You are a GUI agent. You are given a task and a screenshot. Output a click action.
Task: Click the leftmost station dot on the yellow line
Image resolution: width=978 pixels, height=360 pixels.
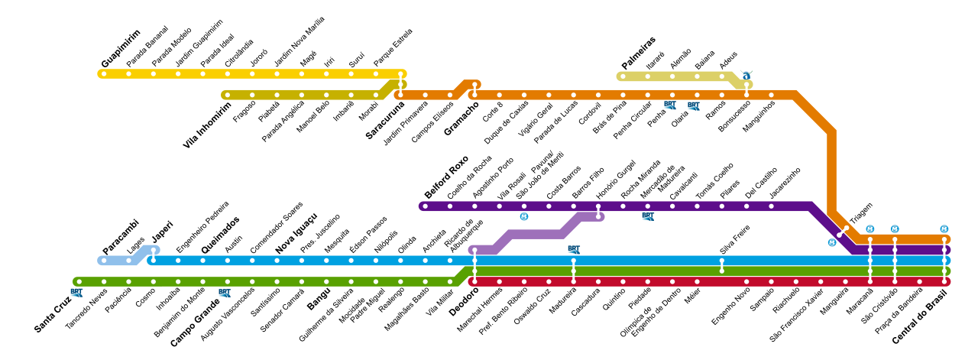coord(104,74)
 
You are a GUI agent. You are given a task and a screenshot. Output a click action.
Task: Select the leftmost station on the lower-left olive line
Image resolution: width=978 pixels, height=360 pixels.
coord(227,95)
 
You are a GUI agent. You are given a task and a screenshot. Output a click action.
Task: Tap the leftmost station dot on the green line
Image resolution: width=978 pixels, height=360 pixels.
coord(79,282)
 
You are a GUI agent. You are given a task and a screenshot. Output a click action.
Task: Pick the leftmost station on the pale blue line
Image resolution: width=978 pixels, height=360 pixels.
coord(104,261)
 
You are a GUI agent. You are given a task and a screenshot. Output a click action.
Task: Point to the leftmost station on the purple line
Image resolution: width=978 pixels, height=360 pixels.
coord(425,206)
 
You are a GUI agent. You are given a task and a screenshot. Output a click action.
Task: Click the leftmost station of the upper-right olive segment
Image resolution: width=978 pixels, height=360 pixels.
coord(623,76)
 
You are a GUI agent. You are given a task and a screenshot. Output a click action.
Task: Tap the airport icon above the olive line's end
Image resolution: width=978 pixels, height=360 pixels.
coord(746,74)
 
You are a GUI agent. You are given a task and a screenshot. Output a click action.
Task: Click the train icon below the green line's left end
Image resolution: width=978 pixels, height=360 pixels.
coord(76,293)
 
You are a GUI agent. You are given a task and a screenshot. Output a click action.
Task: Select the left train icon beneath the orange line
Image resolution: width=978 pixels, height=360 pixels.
coord(669,105)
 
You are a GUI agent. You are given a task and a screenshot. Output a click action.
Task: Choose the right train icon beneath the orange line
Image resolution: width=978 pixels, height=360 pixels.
coord(693,106)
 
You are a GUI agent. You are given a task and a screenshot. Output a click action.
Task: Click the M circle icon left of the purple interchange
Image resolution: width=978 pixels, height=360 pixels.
coord(524,216)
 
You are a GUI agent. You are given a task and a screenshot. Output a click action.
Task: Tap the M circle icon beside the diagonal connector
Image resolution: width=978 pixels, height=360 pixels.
coord(832,242)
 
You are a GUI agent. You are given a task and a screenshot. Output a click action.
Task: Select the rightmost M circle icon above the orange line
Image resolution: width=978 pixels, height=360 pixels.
coord(944,229)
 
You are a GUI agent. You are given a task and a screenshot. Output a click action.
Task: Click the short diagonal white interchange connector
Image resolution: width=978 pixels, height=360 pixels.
coord(843,232)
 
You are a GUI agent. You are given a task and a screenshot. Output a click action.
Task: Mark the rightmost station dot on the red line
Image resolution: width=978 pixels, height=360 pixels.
coord(944,282)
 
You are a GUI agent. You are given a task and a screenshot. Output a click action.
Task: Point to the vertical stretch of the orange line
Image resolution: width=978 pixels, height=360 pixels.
coord(831,172)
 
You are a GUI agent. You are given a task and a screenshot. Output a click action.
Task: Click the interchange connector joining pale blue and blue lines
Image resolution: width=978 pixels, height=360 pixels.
coord(154,255)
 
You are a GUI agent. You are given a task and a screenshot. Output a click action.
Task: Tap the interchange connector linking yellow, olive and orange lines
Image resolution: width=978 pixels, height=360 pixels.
coord(400,84)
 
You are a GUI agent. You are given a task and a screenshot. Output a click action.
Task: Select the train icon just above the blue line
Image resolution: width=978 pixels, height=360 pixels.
coord(574,250)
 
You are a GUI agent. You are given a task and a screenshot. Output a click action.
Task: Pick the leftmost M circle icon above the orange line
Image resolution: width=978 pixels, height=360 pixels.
coord(870,229)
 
